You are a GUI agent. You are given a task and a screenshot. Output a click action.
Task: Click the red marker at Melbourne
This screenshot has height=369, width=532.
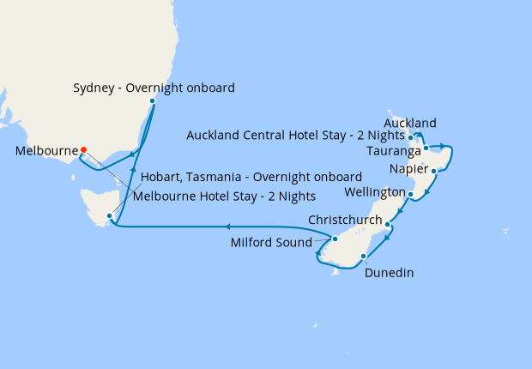(x=83, y=150)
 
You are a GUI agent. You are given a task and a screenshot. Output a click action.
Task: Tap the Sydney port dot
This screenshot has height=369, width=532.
(x=152, y=101)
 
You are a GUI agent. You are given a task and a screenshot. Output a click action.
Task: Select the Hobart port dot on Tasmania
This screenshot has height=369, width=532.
(x=109, y=215)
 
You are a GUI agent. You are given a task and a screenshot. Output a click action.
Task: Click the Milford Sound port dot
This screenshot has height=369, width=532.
(x=336, y=239)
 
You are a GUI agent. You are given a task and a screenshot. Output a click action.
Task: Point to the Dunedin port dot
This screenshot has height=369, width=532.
(x=364, y=256)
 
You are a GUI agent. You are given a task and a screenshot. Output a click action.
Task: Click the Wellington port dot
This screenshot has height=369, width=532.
(x=412, y=195)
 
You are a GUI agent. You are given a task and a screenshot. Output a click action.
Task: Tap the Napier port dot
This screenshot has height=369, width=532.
(x=434, y=172)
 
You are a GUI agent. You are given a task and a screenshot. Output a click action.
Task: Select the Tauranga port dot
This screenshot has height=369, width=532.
(x=426, y=148)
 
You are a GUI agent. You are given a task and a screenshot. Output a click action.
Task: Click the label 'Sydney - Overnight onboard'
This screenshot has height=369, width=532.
(x=154, y=88)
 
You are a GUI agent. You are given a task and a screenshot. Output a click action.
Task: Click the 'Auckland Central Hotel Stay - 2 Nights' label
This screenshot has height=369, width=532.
(x=295, y=135)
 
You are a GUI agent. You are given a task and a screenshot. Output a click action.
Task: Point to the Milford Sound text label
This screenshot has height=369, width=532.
(x=274, y=243)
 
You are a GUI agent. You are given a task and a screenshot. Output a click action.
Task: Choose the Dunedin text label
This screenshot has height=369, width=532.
(x=389, y=273)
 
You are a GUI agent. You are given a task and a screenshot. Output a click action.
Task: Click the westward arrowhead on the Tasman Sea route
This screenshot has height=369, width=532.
(x=229, y=227)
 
